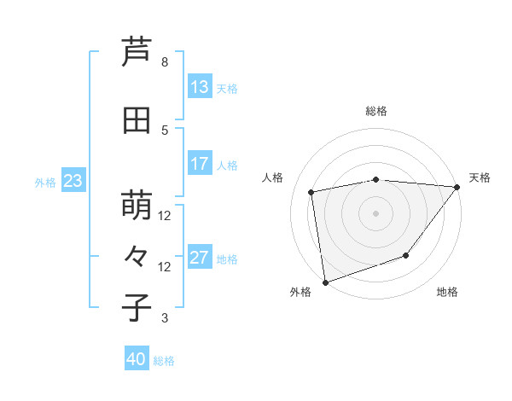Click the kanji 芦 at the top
point(137,52)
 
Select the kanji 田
point(137,119)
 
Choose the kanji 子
point(137,308)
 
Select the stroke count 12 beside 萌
point(165,216)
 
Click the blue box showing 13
point(199,87)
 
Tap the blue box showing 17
point(199,164)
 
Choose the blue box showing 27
point(199,258)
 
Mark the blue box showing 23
point(73,181)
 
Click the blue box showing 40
point(137,359)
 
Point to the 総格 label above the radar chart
point(376,111)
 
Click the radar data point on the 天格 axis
point(457,187)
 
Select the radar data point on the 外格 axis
point(325,282)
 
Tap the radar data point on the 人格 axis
point(312,192)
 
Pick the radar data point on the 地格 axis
point(406,255)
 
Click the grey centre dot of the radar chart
point(375,212)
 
